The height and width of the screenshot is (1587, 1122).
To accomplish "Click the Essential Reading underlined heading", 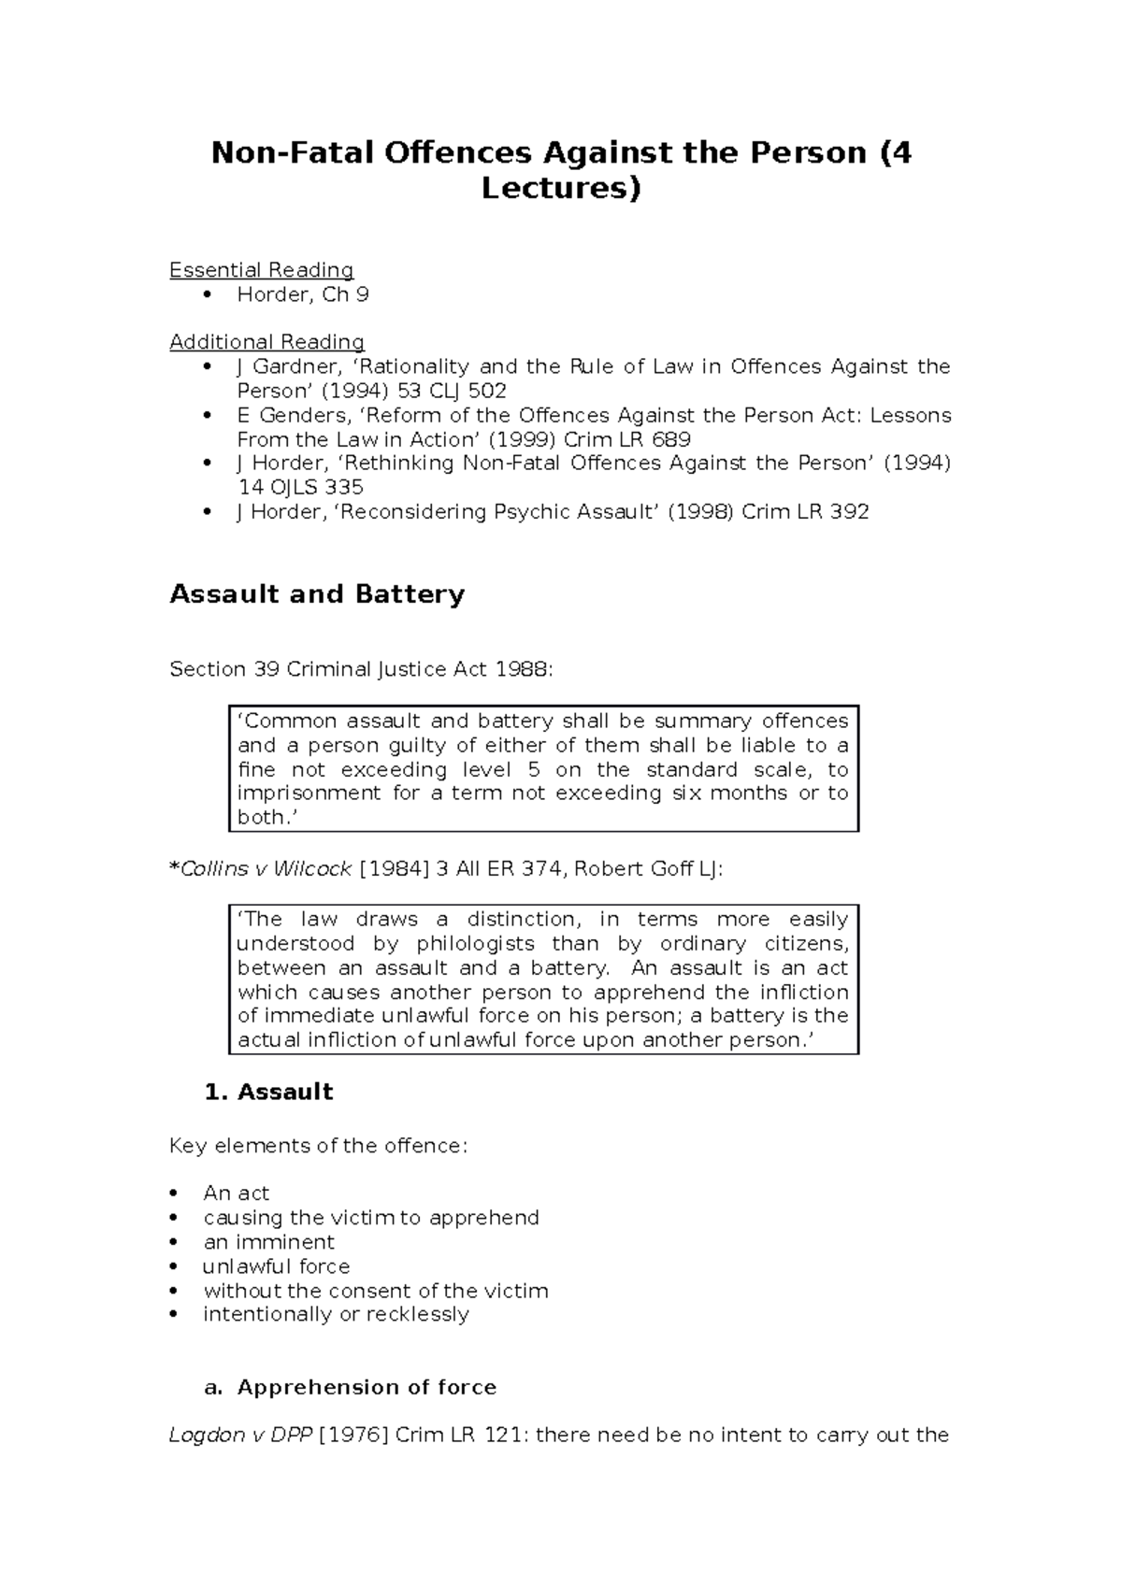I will click(261, 270).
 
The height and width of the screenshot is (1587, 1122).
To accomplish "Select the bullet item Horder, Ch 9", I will click(302, 294).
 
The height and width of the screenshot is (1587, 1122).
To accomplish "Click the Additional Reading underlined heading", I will click(266, 342).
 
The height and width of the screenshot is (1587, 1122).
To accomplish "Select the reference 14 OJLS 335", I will click(300, 487).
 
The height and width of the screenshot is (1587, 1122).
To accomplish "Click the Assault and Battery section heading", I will click(316, 594).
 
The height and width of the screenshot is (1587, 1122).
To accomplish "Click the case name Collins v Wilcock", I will click(266, 869).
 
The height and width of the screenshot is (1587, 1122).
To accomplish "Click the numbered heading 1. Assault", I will click(268, 1092).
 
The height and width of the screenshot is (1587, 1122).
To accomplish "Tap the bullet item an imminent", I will click(268, 1242).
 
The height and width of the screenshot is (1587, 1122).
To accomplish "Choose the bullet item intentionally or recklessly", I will click(336, 1314).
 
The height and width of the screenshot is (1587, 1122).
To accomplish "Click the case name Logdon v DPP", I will click(240, 1435).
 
